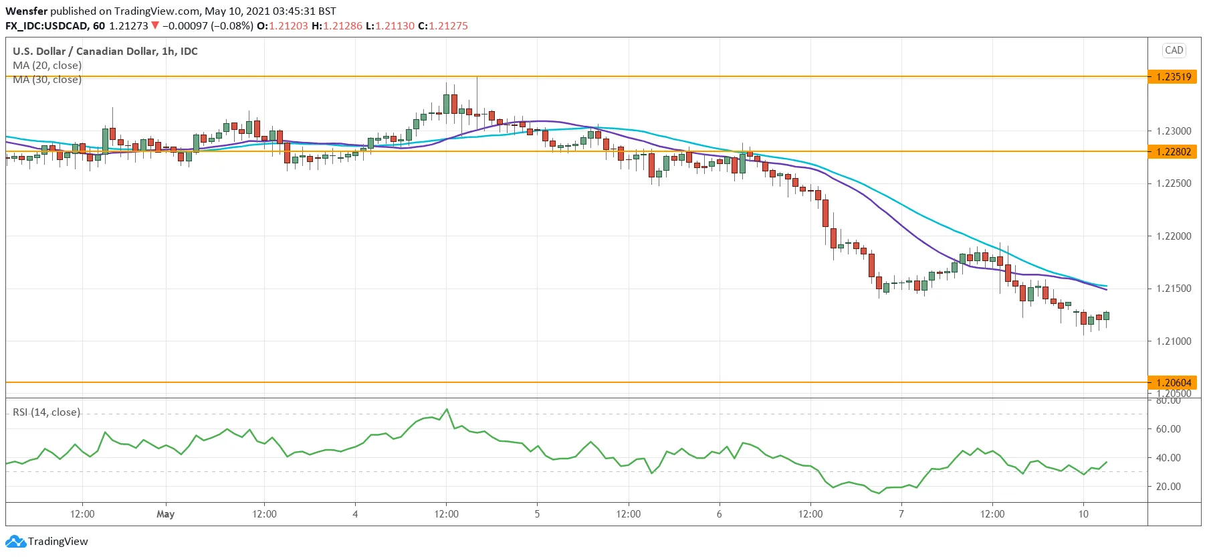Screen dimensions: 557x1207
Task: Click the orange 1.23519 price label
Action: click(x=1174, y=77)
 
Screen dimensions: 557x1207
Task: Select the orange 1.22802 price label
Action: click(x=1174, y=152)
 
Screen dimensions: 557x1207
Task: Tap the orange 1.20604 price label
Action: click(x=1174, y=383)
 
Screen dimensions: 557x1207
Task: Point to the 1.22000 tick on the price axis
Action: click(x=1174, y=236)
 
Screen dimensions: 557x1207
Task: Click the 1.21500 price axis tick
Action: click(x=1174, y=289)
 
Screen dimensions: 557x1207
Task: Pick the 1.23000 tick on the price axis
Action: click(x=1174, y=131)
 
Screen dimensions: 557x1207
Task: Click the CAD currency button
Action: click(x=1174, y=50)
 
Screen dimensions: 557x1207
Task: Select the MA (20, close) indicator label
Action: click(x=47, y=66)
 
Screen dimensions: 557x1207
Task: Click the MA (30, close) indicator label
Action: click(x=47, y=80)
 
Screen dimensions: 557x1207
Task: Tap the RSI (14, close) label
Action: click(x=46, y=412)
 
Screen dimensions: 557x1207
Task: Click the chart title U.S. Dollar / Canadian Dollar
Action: click(x=105, y=52)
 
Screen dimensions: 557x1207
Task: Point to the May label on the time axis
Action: click(x=165, y=514)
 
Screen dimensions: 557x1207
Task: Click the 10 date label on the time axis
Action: click(x=1083, y=514)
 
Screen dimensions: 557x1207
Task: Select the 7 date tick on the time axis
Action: click(x=901, y=514)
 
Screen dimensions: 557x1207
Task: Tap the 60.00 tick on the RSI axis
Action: click(x=1168, y=429)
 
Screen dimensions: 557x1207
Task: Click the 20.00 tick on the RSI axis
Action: click(x=1168, y=487)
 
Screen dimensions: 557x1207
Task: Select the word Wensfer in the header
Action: click(x=27, y=11)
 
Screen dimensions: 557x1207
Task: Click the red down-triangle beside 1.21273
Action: click(x=155, y=25)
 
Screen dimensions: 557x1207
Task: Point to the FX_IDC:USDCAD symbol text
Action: click(x=47, y=26)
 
